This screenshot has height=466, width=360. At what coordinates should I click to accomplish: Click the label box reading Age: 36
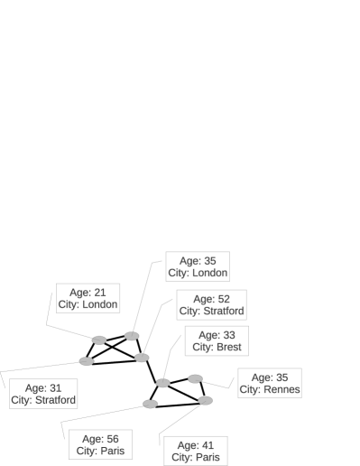click(198, 266)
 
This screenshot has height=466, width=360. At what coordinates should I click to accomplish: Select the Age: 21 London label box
click(88, 298)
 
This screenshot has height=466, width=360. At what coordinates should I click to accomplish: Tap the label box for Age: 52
click(211, 304)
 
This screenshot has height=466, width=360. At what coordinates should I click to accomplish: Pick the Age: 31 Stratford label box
click(43, 394)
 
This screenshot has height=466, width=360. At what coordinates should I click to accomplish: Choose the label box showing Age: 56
click(100, 444)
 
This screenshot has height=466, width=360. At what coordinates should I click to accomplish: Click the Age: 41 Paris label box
click(195, 451)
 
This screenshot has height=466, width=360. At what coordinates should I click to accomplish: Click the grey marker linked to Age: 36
click(132, 336)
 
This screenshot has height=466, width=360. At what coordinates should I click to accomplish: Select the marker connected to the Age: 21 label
click(99, 340)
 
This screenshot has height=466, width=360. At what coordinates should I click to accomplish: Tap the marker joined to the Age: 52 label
click(142, 358)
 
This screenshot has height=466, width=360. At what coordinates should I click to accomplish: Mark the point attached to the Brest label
click(162, 383)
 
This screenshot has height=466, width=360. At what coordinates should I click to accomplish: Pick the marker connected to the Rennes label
click(195, 378)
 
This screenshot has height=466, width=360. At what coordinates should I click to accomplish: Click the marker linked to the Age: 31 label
click(87, 361)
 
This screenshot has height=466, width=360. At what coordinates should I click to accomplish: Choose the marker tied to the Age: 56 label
click(151, 403)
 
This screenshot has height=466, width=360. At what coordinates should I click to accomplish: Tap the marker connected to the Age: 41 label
click(205, 400)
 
